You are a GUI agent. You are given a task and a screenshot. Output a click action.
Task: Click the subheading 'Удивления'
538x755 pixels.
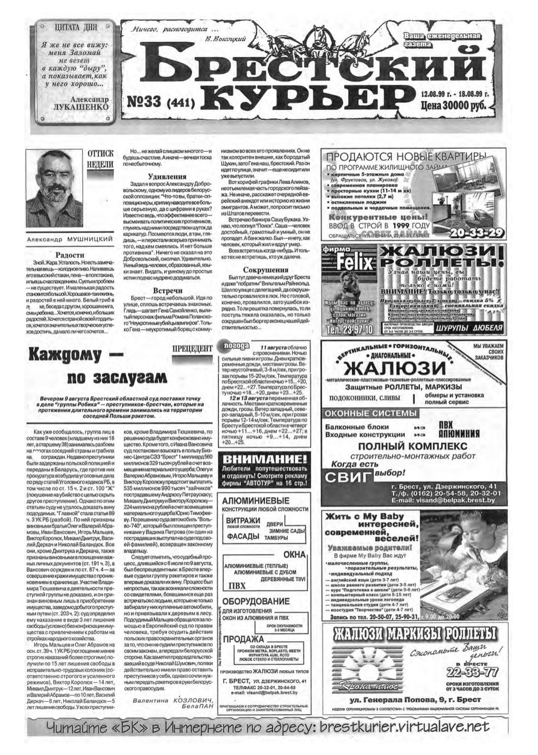(168, 177)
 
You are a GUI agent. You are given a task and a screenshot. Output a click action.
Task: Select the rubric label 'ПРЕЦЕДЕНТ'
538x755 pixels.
(191, 348)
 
